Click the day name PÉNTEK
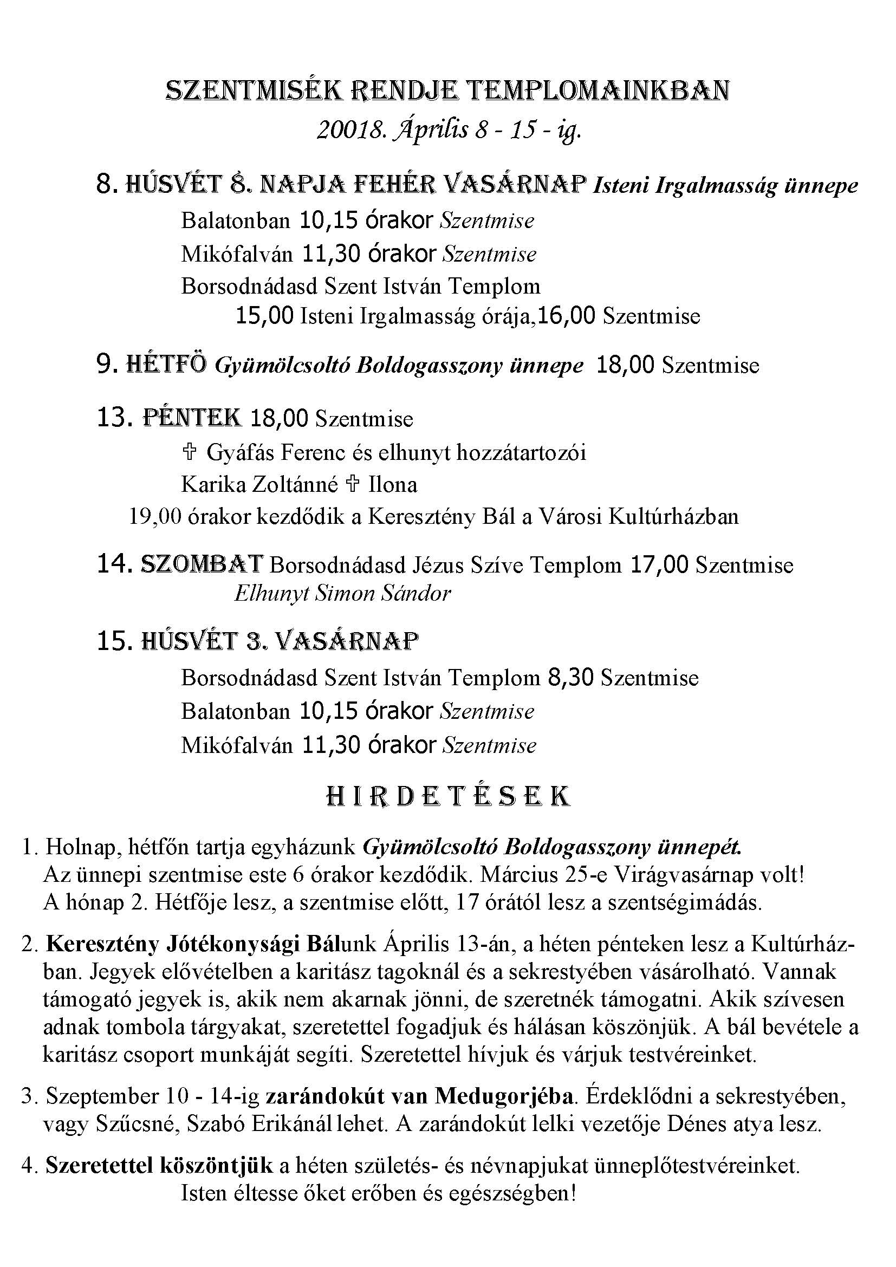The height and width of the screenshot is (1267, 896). click(192, 418)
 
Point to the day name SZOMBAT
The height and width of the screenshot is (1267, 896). click(202, 564)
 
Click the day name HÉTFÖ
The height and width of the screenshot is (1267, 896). click(167, 365)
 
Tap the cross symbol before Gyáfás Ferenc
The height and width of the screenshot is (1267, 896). click(189, 452)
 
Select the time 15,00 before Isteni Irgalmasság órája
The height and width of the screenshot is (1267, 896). click(264, 316)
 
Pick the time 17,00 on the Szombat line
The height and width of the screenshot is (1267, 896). click(658, 565)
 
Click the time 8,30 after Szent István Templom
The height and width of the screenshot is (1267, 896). click(570, 678)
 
